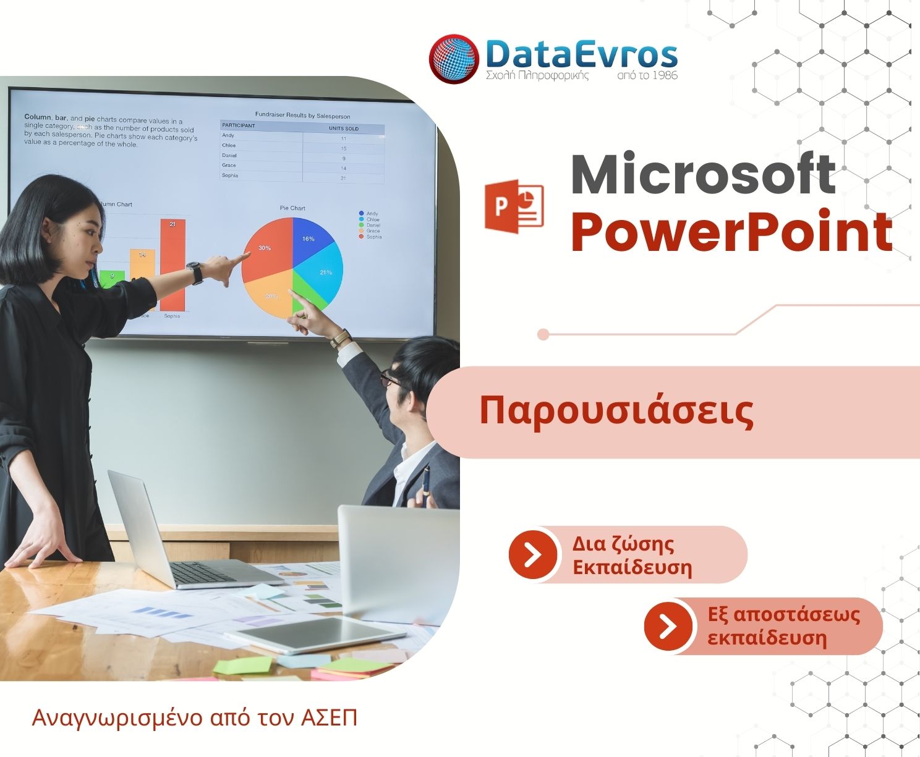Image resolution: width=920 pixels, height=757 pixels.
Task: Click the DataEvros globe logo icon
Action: [454, 59]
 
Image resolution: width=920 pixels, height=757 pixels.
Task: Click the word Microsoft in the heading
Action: [703, 174]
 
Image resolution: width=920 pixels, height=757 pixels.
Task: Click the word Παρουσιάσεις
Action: [616, 412]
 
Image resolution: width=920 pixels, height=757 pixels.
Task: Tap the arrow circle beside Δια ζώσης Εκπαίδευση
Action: [532, 554]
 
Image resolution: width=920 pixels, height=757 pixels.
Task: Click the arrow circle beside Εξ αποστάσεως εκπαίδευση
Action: [668, 626]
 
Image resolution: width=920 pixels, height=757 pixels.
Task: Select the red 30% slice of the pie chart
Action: [266, 250]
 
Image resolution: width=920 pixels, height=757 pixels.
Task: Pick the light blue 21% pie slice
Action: [325, 272]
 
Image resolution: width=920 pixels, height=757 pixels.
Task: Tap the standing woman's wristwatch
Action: [195, 272]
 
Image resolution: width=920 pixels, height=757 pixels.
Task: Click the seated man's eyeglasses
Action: [390, 378]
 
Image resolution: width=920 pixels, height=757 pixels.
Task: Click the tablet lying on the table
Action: [315, 633]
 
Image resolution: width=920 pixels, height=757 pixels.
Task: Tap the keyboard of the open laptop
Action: [203, 573]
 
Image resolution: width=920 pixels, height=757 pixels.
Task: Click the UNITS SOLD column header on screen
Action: [343, 129]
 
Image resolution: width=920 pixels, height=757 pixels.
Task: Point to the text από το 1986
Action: [647, 75]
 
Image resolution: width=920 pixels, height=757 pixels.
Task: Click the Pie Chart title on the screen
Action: [292, 208]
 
